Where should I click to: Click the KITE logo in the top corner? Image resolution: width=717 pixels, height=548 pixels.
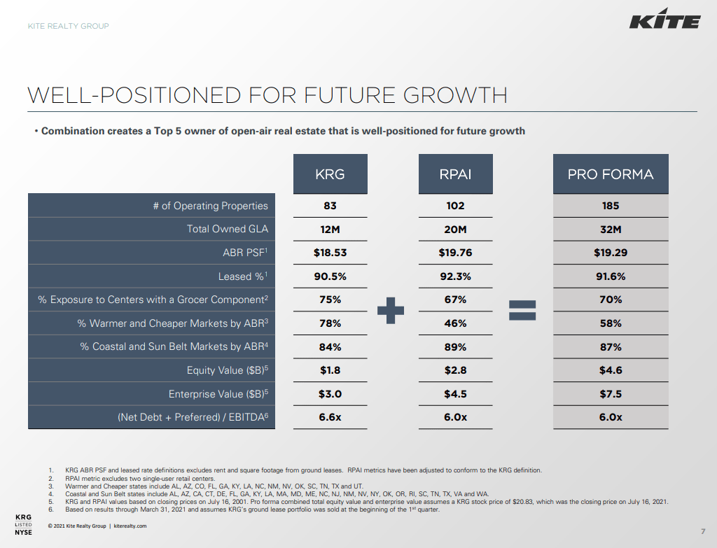[664, 22]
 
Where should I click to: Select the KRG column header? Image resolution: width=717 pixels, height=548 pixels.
[330, 174]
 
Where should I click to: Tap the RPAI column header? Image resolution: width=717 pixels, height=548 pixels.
[455, 174]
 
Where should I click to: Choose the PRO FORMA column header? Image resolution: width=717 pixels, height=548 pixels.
[611, 174]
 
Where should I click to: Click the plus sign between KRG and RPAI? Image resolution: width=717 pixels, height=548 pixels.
[391, 310]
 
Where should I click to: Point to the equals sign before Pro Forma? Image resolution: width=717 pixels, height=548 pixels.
[522, 310]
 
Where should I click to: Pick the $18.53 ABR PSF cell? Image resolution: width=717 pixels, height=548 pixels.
[330, 253]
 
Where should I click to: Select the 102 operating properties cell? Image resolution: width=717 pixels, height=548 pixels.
[455, 206]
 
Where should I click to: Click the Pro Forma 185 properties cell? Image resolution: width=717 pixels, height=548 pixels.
[611, 206]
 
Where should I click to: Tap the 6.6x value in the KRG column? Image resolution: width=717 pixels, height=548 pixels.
[330, 417]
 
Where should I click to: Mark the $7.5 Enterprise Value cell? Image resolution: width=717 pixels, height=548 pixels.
[611, 394]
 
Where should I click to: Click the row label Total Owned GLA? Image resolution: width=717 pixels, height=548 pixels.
[227, 229]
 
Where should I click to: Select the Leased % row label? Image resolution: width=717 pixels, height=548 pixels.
[243, 276]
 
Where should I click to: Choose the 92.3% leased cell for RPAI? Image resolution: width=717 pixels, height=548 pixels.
[455, 276]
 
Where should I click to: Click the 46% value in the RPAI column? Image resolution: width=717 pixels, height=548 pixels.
[455, 323]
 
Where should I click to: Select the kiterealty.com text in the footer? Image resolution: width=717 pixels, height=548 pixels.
[130, 526]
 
